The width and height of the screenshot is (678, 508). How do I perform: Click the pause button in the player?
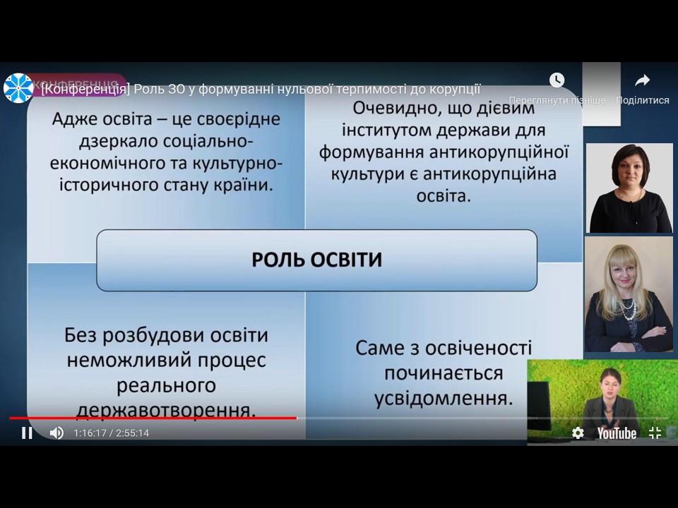(x=27, y=433)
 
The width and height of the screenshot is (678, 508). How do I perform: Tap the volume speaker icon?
(x=56, y=433)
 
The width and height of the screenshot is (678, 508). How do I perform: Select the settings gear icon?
(x=578, y=433)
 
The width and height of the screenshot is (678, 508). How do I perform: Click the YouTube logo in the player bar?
(x=617, y=433)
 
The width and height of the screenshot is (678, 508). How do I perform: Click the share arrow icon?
(x=643, y=80)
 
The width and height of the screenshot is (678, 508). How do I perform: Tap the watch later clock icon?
(x=557, y=80)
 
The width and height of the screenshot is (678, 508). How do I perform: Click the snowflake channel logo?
(x=18, y=88)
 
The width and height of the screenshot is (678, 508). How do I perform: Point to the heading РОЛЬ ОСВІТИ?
(x=317, y=260)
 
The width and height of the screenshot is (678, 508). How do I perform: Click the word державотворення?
(x=166, y=410)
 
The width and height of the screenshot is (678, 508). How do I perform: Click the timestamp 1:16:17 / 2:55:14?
(x=111, y=433)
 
